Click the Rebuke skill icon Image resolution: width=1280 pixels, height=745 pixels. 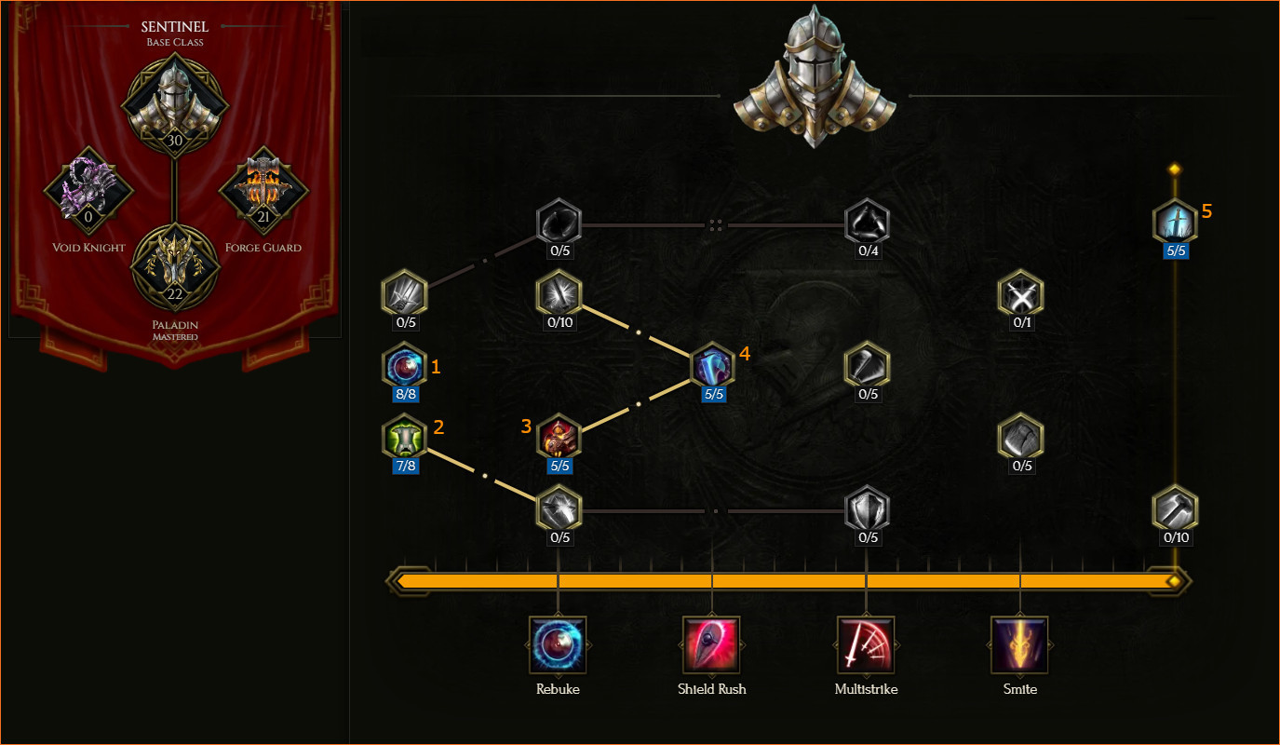(x=558, y=645)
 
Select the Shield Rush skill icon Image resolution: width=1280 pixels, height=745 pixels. (x=711, y=645)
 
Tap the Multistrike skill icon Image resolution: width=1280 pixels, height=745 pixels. (x=866, y=645)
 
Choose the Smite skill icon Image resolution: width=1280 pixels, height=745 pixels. (x=1019, y=645)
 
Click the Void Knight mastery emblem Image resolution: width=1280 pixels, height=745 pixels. (x=88, y=190)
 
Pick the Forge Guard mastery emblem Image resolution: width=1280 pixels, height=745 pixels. (x=263, y=190)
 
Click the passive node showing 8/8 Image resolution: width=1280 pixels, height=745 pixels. (x=405, y=366)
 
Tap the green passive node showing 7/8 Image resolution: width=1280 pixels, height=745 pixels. (x=405, y=438)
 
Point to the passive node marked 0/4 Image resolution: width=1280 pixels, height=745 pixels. (x=867, y=223)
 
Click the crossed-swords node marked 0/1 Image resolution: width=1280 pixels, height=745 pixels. (x=1021, y=294)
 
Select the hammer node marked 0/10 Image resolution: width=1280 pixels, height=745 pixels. (x=1176, y=509)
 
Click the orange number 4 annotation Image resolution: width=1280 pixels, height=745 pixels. (x=745, y=354)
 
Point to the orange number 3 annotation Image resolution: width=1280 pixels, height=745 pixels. (x=526, y=426)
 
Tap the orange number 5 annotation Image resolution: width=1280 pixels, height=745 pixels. (x=1206, y=211)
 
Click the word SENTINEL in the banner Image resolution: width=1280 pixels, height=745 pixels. (x=175, y=27)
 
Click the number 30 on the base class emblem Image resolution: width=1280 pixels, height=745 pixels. (x=175, y=140)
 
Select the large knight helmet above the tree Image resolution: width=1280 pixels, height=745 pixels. (x=815, y=77)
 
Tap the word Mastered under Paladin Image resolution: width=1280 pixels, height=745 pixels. (x=175, y=337)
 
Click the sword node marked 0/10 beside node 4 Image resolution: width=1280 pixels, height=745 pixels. (x=559, y=294)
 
